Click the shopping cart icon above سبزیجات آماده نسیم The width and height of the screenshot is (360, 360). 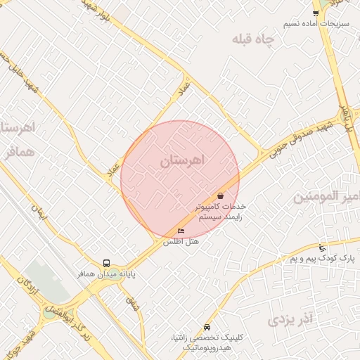(x=316, y=13)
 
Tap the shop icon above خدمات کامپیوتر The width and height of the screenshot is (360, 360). (x=221, y=195)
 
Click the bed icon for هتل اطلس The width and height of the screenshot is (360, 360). (x=181, y=231)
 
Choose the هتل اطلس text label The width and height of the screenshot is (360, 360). (x=181, y=241)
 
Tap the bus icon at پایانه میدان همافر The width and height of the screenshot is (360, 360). (x=106, y=264)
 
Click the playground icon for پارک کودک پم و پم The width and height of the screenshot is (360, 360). (x=322, y=247)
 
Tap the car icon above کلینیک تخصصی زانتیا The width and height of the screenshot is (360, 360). (x=206, y=328)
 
